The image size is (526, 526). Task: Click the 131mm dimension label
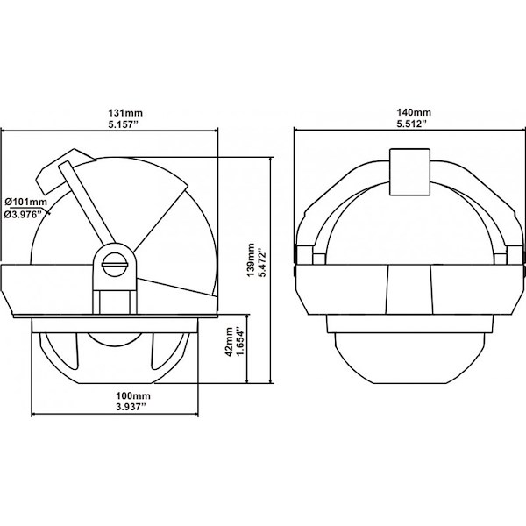coord(125,113)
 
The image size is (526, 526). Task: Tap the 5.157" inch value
coord(124,124)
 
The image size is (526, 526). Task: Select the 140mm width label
coord(414,112)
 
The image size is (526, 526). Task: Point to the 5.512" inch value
coord(412,124)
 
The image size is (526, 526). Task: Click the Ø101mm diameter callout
coord(26,202)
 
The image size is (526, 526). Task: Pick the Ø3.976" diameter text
coord(24,215)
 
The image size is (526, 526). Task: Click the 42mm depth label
coord(230,342)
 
